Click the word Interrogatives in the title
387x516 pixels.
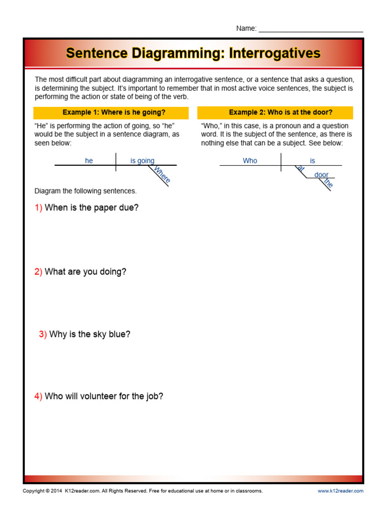[275, 53]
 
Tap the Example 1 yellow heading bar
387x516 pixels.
[111, 112]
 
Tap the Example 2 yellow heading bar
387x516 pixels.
[275, 112]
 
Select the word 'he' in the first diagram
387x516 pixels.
[89, 161]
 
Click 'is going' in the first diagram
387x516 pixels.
[142, 161]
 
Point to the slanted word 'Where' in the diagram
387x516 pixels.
[162, 174]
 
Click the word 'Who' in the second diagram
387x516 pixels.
[250, 161]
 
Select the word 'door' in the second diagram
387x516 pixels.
[321, 175]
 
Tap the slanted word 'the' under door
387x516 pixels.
[329, 183]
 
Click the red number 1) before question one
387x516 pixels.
[38, 208]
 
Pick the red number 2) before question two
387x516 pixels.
[38, 272]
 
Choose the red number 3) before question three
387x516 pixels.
[43, 334]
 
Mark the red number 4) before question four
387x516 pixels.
[38, 396]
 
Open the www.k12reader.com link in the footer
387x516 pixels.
[340, 491]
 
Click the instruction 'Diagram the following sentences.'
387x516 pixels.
[85, 191]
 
